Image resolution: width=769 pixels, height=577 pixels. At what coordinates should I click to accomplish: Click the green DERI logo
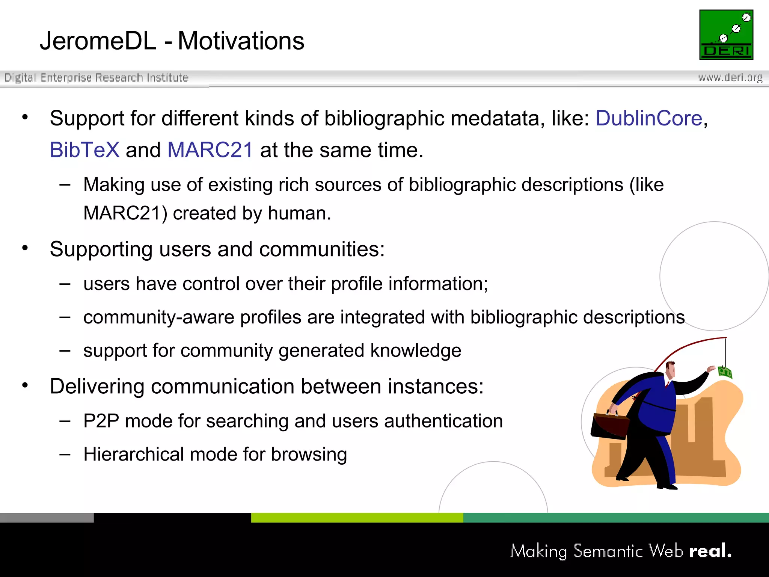point(726,35)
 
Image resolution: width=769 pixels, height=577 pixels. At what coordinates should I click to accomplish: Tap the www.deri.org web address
point(730,77)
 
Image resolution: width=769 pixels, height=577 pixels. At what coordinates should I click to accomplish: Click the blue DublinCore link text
point(648,118)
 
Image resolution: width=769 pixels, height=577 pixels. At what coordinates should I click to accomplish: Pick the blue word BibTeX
point(84,150)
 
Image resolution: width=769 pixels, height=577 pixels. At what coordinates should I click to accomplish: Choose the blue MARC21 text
point(210,150)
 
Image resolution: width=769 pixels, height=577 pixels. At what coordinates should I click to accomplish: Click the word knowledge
point(416,350)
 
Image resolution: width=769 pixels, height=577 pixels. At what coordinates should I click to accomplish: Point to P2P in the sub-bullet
point(101,421)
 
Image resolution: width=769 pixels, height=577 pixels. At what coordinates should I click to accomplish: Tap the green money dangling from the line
point(725,372)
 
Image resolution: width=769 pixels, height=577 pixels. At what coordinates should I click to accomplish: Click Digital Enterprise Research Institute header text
point(97,78)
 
